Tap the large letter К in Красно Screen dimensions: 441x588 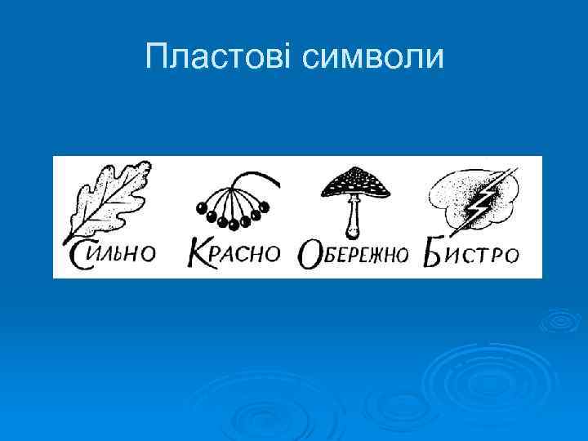202,252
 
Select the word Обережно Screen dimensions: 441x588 353,254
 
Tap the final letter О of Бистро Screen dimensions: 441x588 510,255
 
